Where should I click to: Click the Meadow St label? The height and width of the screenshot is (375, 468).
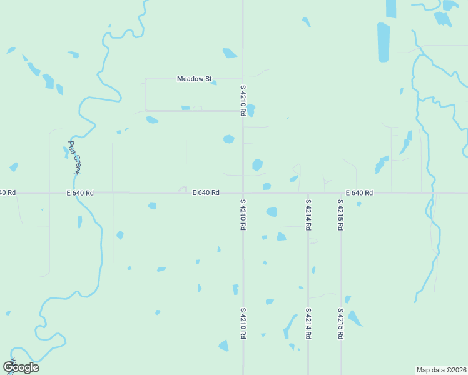pos(193,79)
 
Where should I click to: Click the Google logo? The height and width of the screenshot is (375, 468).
pos(21,367)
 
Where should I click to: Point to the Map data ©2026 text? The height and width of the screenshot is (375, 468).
pos(441,369)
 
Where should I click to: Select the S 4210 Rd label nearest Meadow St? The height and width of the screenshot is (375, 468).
pos(243,101)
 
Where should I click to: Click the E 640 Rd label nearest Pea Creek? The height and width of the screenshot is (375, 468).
pos(80,193)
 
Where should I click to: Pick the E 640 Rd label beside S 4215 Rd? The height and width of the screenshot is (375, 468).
pos(359,193)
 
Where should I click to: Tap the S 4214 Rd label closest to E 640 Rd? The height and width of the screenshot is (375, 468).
pos(308,215)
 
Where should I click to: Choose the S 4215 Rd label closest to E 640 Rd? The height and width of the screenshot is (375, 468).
pos(340,215)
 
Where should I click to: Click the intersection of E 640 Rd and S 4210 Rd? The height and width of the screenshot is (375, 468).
pos(243,193)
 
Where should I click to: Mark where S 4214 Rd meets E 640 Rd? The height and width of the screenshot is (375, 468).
pos(308,193)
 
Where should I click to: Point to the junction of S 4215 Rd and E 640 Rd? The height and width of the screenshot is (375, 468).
pos(340,193)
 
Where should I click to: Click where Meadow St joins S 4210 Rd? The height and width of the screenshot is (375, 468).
pos(243,79)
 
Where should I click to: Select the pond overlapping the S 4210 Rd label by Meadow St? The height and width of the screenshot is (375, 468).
pos(251,111)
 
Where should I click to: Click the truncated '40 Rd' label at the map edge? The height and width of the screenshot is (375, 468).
pos(7,192)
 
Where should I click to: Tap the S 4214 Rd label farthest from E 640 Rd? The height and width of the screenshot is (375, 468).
pos(308,322)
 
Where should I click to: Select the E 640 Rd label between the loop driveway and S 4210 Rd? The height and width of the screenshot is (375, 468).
pos(206,193)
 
